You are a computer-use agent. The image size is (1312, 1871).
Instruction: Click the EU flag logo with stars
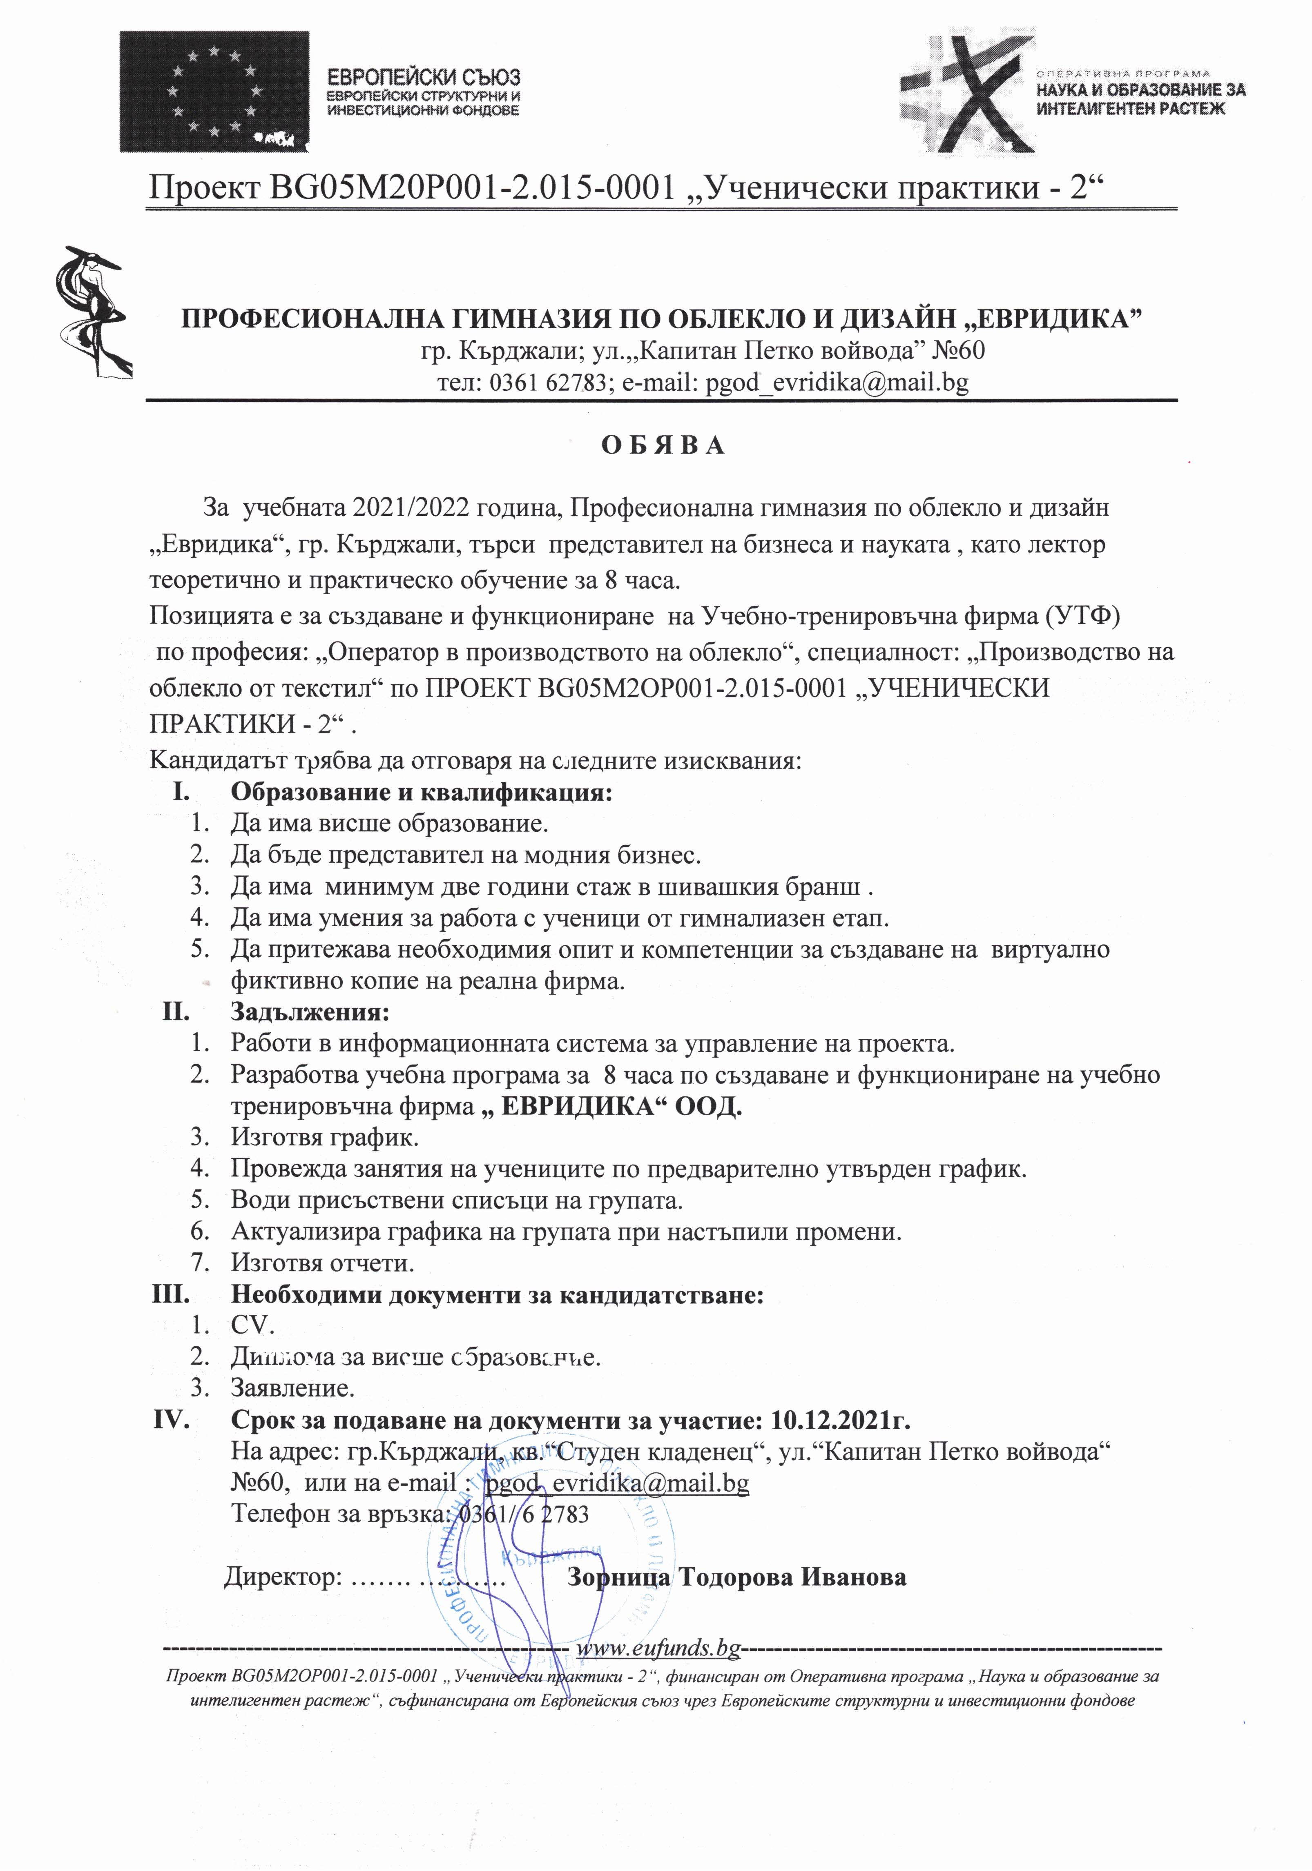pos(214,91)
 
